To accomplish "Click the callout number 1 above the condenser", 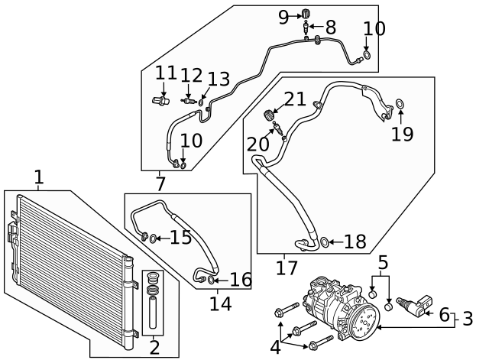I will click(x=38, y=177).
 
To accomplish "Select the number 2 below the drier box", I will click(x=154, y=348).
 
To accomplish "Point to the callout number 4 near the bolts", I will click(x=274, y=346).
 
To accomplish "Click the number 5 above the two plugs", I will click(x=382, y=263).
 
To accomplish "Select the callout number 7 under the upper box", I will click(x=160, y=183).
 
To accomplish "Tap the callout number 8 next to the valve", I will click(x=330, y=28).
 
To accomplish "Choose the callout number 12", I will click(x=191, y=76).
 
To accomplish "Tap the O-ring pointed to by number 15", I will click(x=154, y=238).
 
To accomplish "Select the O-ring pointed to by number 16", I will click(x=211, y=281).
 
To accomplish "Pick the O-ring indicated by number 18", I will click(x=324, y=243).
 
